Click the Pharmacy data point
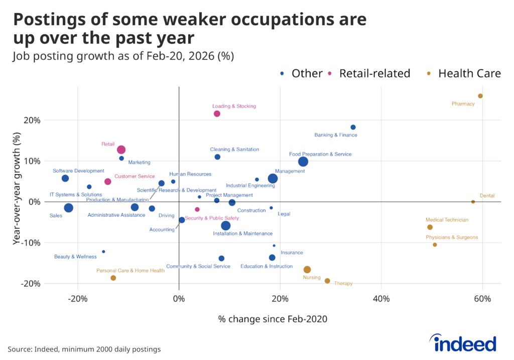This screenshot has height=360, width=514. click(480, 96)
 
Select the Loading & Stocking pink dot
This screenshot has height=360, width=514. click(217, 113)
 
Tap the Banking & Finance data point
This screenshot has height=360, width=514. click(353, 127)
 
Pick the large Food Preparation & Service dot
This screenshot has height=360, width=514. click(303, 161)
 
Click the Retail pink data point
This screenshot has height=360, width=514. click(121, 150)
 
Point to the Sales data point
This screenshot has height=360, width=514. click(68, 207)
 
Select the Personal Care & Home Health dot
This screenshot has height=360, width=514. click(113, 278)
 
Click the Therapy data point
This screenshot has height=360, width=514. click(327, 281)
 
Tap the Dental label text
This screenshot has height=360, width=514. click(487, 196)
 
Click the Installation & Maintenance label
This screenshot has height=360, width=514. click(243, 233)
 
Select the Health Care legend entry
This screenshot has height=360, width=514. click(463, 73)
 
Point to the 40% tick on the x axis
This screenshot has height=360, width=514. click(381, 299)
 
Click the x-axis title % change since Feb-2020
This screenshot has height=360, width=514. click(273, 319)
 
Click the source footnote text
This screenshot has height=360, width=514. click(84, 349)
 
